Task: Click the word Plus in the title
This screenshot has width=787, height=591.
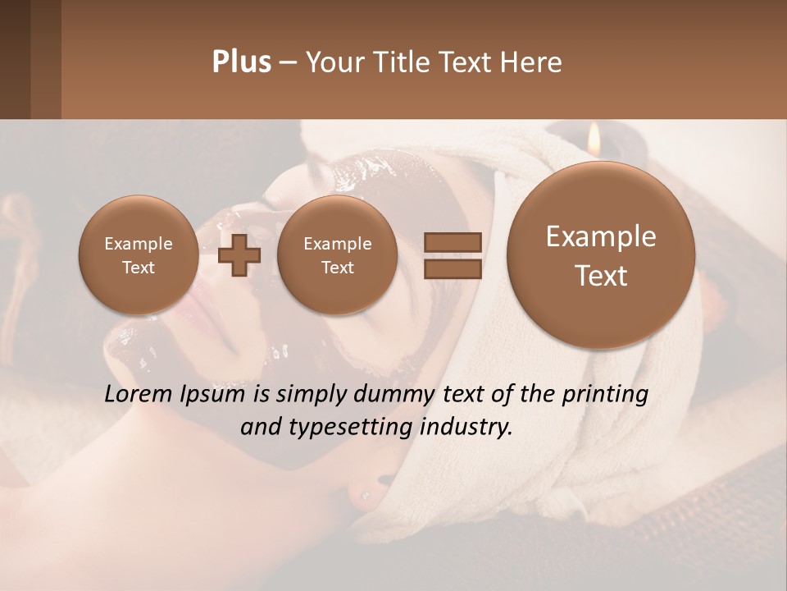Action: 241,62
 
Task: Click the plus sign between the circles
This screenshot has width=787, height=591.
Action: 239,255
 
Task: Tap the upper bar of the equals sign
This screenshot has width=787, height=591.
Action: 453,242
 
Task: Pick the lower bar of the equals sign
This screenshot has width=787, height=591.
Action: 453,267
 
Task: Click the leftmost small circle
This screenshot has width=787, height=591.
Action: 138,255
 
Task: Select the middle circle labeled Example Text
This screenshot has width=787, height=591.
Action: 337,255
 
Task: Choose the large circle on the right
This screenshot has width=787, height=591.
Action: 601,255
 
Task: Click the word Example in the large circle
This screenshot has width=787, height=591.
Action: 601,237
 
